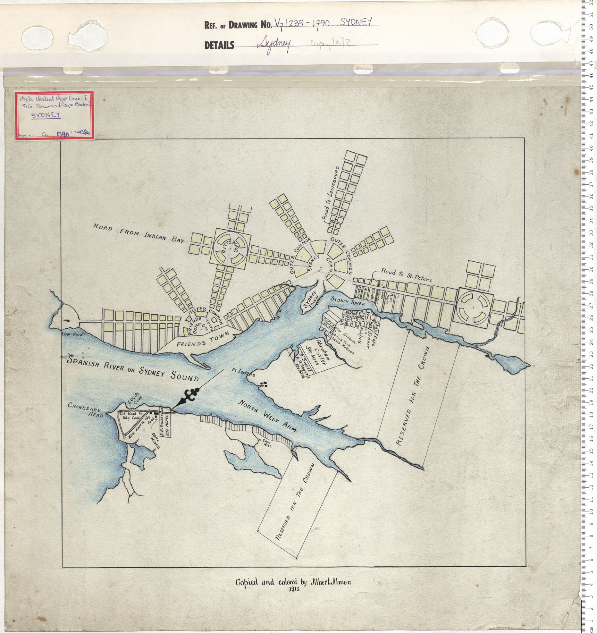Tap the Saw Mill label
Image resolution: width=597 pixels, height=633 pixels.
click(267, 444)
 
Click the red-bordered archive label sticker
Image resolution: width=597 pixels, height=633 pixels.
click(55, 116)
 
